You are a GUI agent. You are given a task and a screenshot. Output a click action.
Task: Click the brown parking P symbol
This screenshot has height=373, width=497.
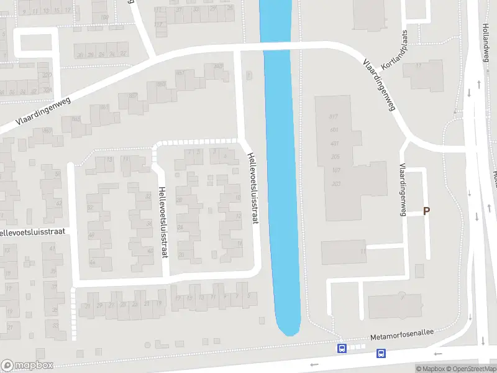(426, 211)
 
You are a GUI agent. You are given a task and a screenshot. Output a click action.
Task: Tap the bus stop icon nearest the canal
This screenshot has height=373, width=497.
(342, 349)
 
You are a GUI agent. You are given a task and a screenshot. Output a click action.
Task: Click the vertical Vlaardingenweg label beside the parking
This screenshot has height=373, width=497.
(403, 190)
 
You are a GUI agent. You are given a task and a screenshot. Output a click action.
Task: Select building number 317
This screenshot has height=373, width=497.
(333, 117)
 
